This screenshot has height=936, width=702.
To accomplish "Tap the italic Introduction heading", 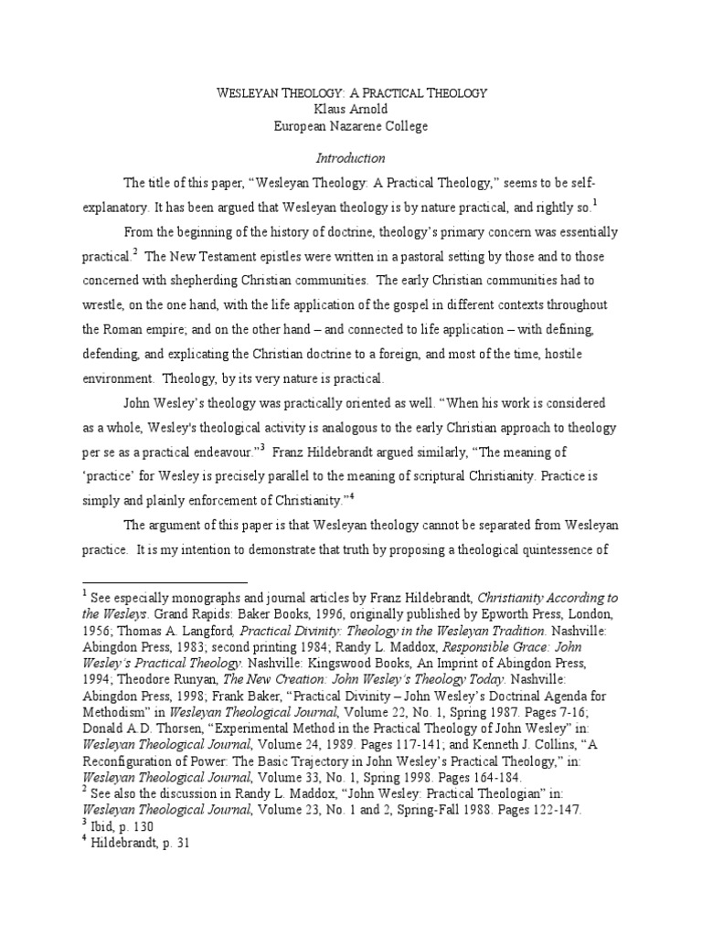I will tap(351, 157).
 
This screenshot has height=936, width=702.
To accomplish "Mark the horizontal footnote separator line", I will tap(165, 581).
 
